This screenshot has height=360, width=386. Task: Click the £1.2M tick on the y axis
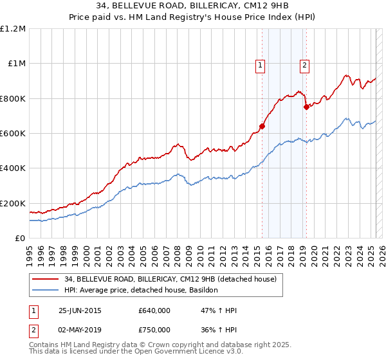coord(13,29)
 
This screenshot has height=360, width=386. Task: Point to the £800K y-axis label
coord(13,98)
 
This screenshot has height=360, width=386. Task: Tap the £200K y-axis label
coord(13,203)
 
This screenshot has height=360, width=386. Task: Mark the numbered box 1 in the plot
coord(261,64)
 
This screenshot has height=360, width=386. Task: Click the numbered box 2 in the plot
coord(304,64)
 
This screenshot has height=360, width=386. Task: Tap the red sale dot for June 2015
coord(262,126)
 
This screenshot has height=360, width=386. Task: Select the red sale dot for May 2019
coord(306,107)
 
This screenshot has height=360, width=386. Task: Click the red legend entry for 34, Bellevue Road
coord(170,279)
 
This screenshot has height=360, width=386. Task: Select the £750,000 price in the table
coord(154,330)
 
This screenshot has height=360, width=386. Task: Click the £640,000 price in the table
coord(154,310)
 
